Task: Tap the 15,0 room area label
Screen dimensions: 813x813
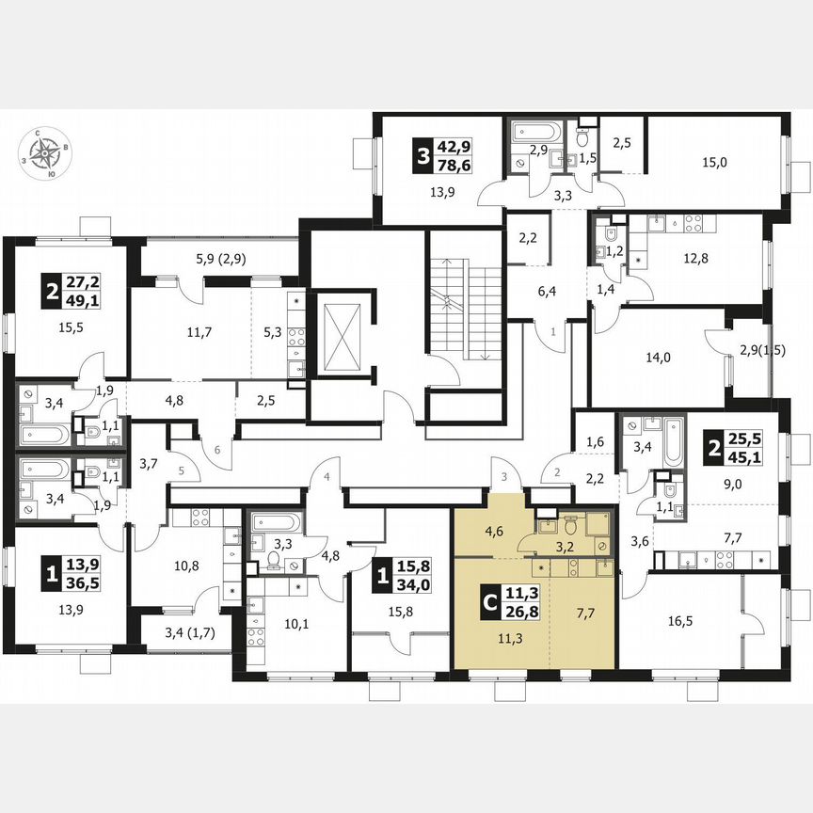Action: pos(714,162)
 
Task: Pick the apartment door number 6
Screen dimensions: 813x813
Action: pos(217,450)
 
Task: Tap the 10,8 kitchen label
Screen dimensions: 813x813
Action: pos(186,567)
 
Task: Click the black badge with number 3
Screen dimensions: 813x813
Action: pos(422,152)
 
